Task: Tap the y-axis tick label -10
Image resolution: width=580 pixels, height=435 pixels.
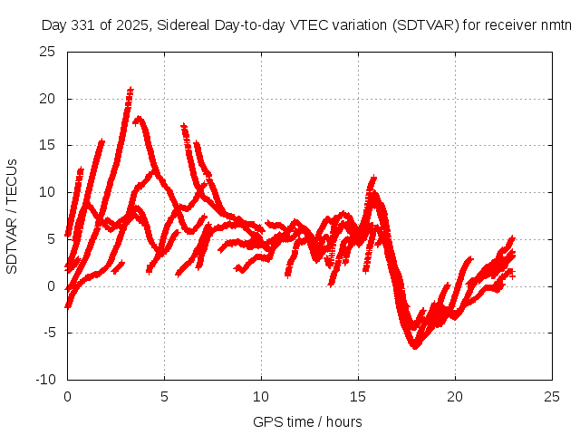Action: [x=46, y=380]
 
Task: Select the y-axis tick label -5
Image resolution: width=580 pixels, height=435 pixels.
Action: [x=49, y=333]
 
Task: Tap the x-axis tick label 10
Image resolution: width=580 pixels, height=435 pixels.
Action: [x=261, y=397]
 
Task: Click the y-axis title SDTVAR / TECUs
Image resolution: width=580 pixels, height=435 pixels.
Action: [x=13, y=216]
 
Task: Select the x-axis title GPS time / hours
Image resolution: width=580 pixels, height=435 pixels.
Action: [x=308, y=422]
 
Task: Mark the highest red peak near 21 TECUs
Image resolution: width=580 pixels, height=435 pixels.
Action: [x=130, y=90]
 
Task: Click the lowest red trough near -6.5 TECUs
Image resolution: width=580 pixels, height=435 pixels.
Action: [x=415, y=346]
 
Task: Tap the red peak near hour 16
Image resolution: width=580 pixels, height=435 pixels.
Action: [x=372, y=179]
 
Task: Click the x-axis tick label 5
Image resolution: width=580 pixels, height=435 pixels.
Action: [x=164, y=397]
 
